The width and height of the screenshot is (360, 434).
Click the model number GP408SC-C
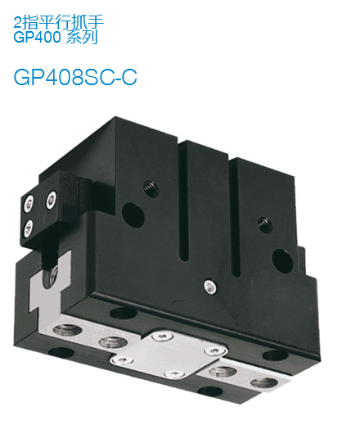74,76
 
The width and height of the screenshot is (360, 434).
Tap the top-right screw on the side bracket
52,197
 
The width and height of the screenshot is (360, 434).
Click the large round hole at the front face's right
281,260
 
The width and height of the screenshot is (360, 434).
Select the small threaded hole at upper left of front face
149,187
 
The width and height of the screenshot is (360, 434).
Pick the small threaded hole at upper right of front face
262,221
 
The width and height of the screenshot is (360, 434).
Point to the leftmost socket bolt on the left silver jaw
63,331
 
